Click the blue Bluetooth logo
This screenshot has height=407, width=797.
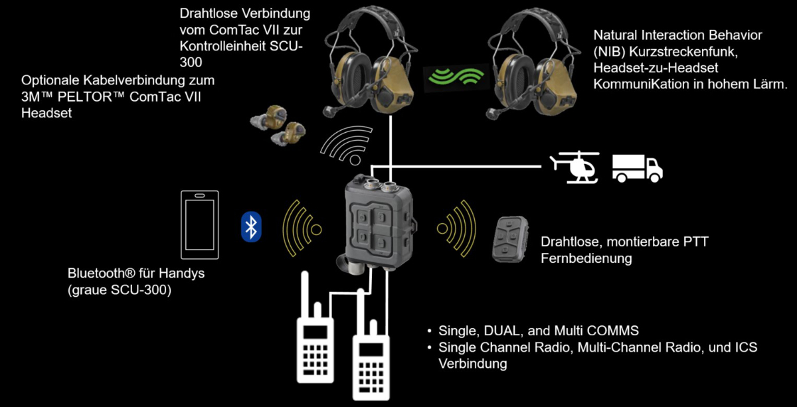pos(251,227)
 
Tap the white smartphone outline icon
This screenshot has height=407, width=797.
pos(200,224)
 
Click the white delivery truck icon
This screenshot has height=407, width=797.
pos(636,169)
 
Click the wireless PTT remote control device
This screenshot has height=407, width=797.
pos(509,238)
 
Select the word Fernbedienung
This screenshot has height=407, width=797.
pos(586,258)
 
